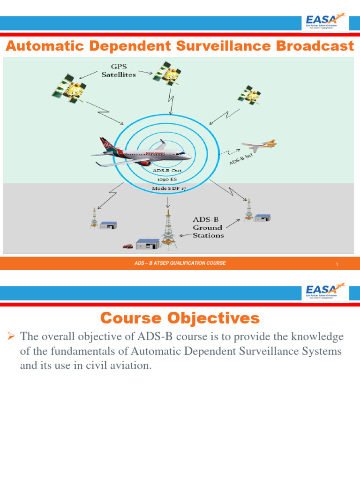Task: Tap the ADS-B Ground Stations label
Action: point(208,227)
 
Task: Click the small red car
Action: point(127,245)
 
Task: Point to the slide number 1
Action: point(337,265)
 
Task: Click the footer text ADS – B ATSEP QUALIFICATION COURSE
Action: point(180,263)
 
